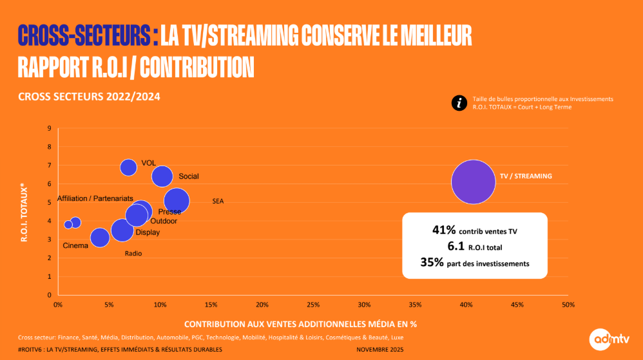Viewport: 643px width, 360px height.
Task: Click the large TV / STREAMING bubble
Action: click(473, 182)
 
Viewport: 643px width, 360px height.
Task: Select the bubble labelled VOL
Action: click(129, 167)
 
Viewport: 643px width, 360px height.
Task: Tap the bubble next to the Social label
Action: click(162, 176)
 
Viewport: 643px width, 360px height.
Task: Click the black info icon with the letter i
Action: click(459, 103)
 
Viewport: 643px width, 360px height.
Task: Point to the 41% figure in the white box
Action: click(444, 230)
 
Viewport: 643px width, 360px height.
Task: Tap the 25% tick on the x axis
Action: click(313, 304)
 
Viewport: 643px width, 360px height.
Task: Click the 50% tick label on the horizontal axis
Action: click(568, 304)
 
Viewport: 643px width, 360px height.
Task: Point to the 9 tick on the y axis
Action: click(49, 128)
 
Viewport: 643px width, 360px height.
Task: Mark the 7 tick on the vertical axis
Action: click(49, 166)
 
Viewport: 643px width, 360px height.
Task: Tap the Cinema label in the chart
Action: click(75, 245)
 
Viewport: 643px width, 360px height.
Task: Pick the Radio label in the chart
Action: click(133, 254)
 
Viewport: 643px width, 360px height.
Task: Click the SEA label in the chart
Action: click(218, 202)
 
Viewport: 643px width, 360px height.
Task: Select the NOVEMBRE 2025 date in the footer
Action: click(381, 349)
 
